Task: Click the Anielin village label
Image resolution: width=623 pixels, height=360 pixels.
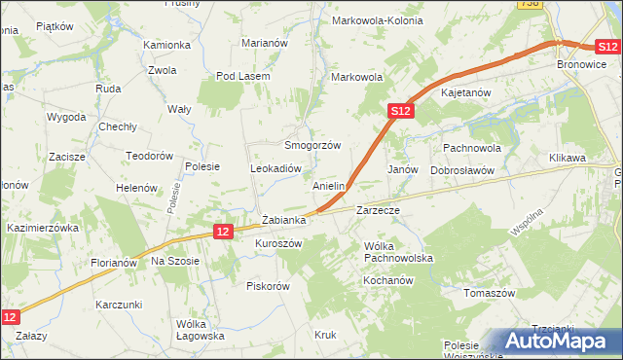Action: click(329, 185)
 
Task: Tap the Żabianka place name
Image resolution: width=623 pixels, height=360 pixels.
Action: click(284, 221)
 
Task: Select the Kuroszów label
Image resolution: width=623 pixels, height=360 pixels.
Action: click(278, 243)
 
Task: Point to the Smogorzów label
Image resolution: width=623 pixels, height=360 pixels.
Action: click(311, 145)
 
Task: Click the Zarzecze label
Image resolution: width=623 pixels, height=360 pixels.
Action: click(379, 209)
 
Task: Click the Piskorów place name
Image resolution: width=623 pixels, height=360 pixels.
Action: click(269, 286)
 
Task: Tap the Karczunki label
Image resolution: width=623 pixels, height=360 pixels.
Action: click(120, 305)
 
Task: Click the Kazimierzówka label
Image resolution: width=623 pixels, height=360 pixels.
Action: click(42, 227)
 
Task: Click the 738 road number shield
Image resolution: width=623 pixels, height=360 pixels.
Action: click(529, 4)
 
